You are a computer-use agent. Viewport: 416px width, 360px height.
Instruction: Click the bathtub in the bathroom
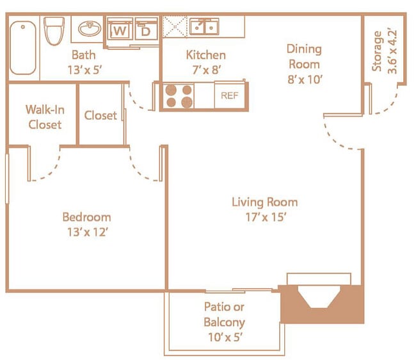click(x=23, y=47)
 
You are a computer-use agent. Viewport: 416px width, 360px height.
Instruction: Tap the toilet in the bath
click(x=54, y=30)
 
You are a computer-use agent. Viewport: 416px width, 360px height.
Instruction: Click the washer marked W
click(x=119, y=30)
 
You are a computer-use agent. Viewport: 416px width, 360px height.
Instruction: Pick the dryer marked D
click(x=146, y=30)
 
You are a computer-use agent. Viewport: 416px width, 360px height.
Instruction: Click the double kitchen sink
click(x=204, y=27)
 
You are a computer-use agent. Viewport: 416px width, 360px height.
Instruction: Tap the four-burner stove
click(x=179, y=96)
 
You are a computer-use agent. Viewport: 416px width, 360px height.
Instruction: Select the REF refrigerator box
click(x=229, y=96)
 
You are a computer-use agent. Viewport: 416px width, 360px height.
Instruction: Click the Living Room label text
click(x=264, y=202)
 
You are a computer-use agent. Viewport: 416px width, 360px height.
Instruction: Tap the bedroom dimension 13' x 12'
click(x=86, y=232)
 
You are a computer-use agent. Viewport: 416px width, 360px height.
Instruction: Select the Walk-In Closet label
click(x=45, y=117)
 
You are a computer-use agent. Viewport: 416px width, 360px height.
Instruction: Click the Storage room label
click(x=378, y=51)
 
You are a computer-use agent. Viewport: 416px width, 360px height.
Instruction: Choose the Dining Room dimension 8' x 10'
click(x=304, y=79)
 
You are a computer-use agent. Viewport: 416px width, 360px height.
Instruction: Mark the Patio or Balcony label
click(x=224, y=315)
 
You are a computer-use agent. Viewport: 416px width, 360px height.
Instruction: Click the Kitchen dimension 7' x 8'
click(x=205, y=70)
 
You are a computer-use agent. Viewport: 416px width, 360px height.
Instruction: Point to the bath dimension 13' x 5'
click(x=83, y=70)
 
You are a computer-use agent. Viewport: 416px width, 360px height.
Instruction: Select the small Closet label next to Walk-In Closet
click(x=100, y=115)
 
